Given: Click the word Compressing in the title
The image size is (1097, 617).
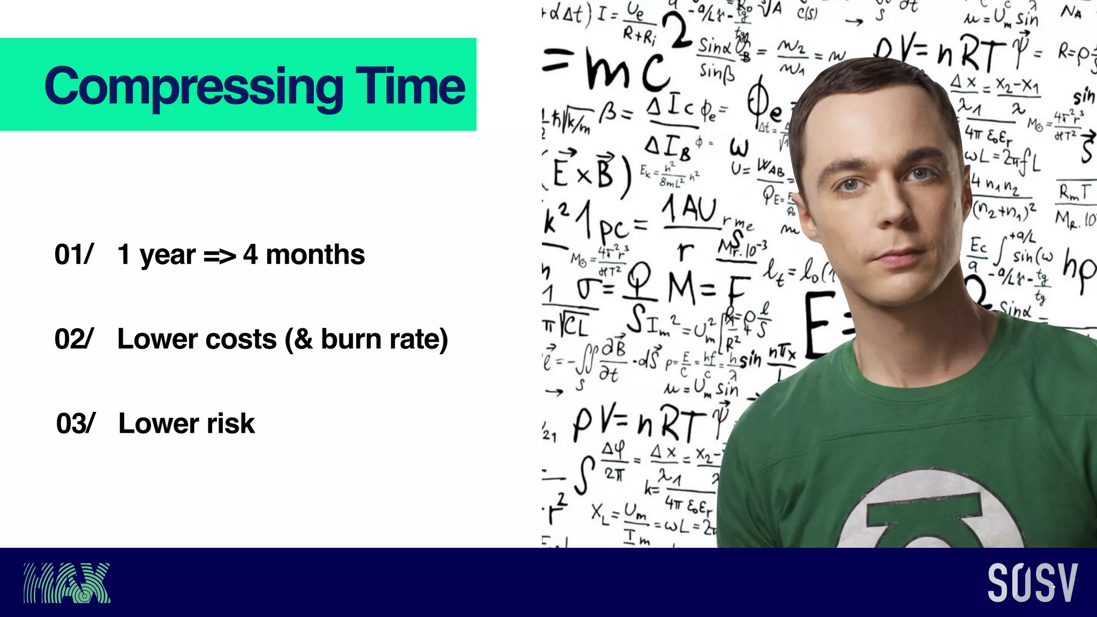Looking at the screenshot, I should pos(194,87).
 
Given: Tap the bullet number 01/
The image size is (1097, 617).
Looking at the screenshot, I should pos(74,254).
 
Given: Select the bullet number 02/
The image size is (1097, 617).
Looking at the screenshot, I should pos(74,339).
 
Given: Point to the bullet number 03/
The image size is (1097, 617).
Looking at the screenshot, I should pos(76,424).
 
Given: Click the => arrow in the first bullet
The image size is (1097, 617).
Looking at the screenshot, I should pos(220,256).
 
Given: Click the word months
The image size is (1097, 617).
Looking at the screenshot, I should pos(315,254).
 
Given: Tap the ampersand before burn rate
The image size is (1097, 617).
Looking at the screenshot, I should pos(303,339).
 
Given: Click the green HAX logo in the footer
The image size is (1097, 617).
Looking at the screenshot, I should pos(66,583).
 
